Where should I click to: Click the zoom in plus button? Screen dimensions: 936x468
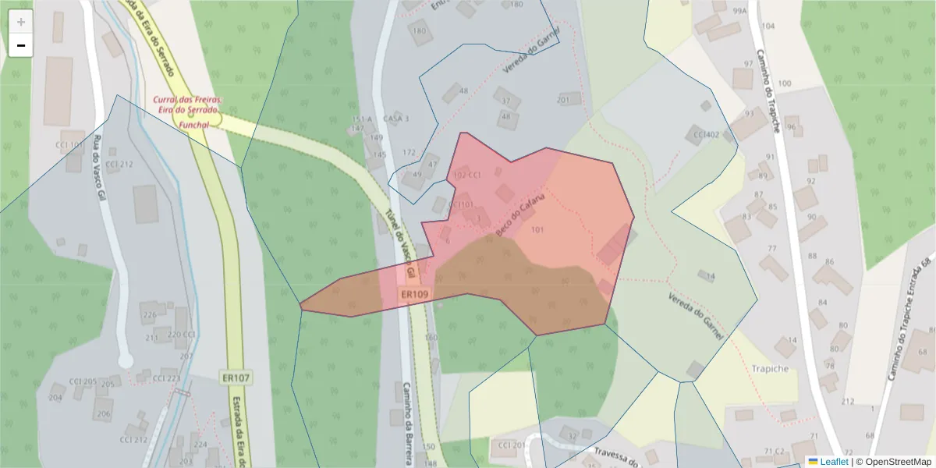coord(21,23)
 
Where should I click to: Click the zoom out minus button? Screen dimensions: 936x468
coord(21,46)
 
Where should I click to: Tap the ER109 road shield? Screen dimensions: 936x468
coord(414,294)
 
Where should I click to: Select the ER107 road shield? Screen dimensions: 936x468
coord(235,378)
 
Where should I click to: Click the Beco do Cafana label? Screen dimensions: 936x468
coord(519,216)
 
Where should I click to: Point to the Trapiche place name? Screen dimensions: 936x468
coord(770,368)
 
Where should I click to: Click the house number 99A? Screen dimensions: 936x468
coord(739,11)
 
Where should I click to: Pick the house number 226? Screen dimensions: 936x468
coord(149,316)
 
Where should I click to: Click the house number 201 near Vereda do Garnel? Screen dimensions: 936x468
coord(564,101)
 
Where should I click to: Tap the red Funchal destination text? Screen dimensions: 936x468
coord(193,124)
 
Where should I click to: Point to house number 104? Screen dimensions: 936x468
coord(768,27)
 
